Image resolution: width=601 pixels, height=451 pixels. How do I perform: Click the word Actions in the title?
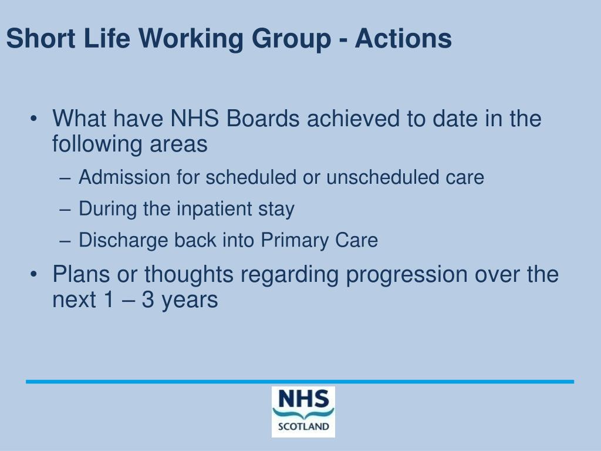pos(403,39)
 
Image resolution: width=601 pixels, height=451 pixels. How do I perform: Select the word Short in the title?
pos(40,39)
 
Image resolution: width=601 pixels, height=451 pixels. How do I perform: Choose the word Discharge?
pos(124,240)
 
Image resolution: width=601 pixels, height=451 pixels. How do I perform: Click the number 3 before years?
pos(148,300)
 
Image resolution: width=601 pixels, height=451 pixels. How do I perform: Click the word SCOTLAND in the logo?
pos(303,426)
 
